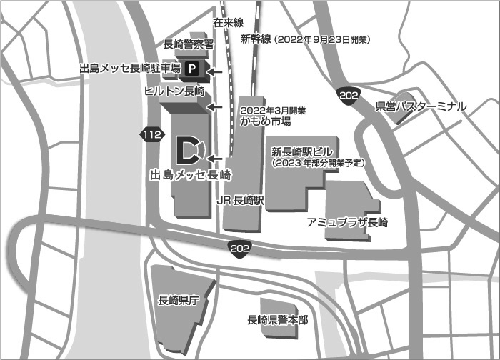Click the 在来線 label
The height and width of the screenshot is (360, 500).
click(x=229, y=24)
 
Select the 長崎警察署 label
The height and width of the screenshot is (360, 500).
click(x=189, y=44)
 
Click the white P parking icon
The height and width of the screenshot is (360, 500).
click(x=191, y=69)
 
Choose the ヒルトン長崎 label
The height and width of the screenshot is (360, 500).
click(x=174, y=92)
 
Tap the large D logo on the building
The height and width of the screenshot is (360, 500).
click(x=187, y=149)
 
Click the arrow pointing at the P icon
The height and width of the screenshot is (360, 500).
click(x=215, y=71)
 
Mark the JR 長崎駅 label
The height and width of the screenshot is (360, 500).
click(x=241, y=202)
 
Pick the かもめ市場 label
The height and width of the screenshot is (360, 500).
click(x=266, y=121)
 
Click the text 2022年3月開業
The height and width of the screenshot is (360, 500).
click(x=274, y=111)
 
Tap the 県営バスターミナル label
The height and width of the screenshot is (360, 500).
click(x=421, y=106)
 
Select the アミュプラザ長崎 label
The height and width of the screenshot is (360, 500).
click(x=346, y=222)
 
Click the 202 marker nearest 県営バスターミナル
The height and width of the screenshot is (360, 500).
click(x=349, y=98)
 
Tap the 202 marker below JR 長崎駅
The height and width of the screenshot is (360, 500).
click(x=240, y=247)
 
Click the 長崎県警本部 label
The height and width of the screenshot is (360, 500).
click(x=277, y=319)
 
